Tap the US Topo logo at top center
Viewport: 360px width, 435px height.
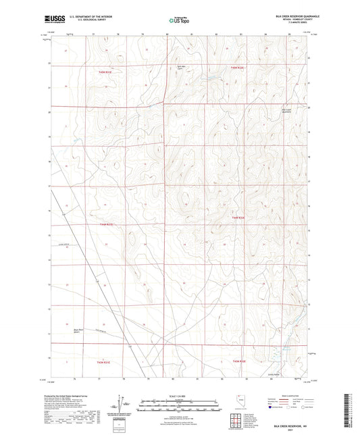(179, 20)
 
